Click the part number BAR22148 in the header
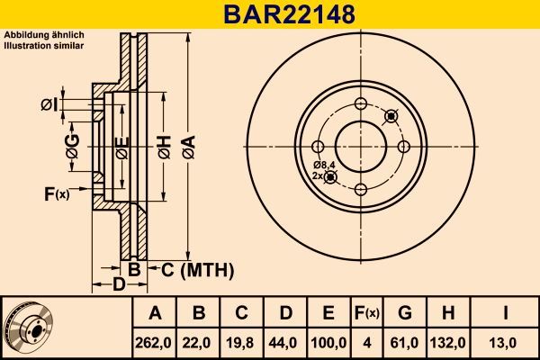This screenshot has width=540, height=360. click(269, 14)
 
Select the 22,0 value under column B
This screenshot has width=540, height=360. click(199, 342)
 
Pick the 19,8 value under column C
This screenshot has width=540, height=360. click(242, 342)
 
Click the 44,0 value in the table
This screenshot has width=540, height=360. click(285, 342)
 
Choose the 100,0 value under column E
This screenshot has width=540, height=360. click(328, 342)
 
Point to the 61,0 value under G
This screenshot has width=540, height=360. click(404, 342)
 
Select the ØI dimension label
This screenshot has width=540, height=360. click(49, 105)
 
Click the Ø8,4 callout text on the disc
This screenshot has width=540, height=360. click(324, 165)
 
